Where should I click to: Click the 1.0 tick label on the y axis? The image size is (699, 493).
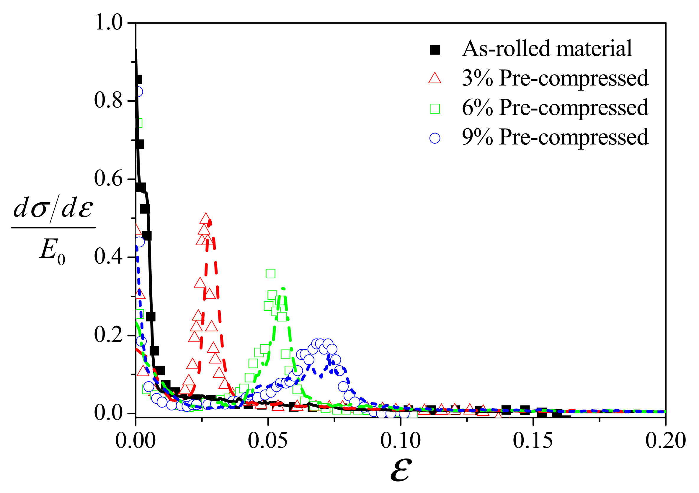pos(109,23)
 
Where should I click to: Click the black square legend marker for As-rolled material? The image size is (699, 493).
pos(435,50)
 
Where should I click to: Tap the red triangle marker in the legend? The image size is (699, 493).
pos(435,78)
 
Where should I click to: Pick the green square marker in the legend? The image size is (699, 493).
pos(435,109)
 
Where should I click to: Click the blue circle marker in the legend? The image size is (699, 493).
pos(435,138)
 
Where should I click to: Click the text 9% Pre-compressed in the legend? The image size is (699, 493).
pos(555,137)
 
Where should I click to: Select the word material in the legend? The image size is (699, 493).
pos(594,49)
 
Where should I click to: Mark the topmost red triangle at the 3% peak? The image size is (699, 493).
pos(206,219)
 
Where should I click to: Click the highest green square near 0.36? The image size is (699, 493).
pos(270,273)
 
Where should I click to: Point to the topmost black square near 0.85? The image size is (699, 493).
pos(138,80)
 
